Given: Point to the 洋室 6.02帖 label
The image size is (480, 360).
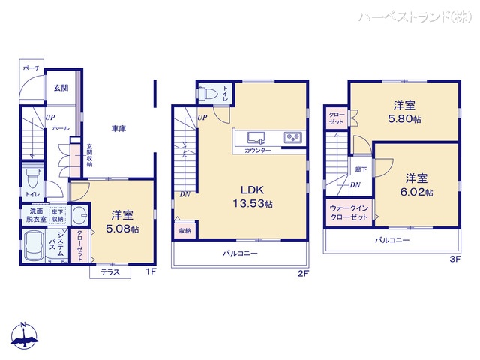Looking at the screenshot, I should click(418, 185).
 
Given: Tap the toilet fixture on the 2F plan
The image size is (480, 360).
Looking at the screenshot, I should click(210, 94).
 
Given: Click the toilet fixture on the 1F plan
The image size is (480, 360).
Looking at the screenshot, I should click(32, 180).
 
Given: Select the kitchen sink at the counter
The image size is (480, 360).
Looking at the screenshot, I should click(255, 137).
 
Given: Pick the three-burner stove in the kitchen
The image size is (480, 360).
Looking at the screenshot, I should click(291, 137).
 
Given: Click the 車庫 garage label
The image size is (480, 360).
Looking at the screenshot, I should click(118, 129).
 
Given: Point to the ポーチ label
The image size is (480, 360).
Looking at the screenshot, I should click(31, 67).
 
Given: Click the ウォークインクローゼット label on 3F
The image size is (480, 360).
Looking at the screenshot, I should click(348, 211).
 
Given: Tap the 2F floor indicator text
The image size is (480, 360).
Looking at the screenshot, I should click(302, 274).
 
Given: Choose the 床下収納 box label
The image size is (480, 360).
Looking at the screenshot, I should click(58, 214).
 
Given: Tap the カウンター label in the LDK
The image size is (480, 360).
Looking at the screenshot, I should click(258, 151).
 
